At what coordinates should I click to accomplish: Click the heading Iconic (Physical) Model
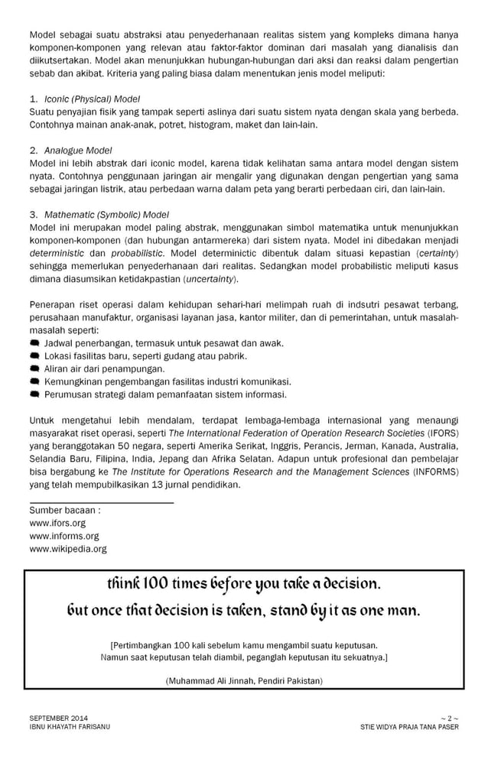coord(92,99)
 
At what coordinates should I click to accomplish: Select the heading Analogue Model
coord(78,150)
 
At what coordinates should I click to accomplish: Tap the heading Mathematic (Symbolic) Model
coord(106,214)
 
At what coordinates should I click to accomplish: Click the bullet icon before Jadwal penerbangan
coord(34,343)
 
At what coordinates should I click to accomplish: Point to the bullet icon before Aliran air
coord(34,368)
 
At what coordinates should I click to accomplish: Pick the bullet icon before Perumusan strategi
coord(34,394)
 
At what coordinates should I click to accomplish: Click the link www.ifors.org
coord(57,523)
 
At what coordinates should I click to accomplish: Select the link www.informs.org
coord(64,536)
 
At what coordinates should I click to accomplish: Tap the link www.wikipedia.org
coord(68,549)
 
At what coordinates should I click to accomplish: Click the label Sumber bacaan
coord(65,510)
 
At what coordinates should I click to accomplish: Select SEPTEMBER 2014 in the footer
coord(58,718)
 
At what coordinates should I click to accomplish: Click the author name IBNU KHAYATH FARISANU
coord(70,727)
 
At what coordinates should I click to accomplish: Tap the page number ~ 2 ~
coord(449,718)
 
